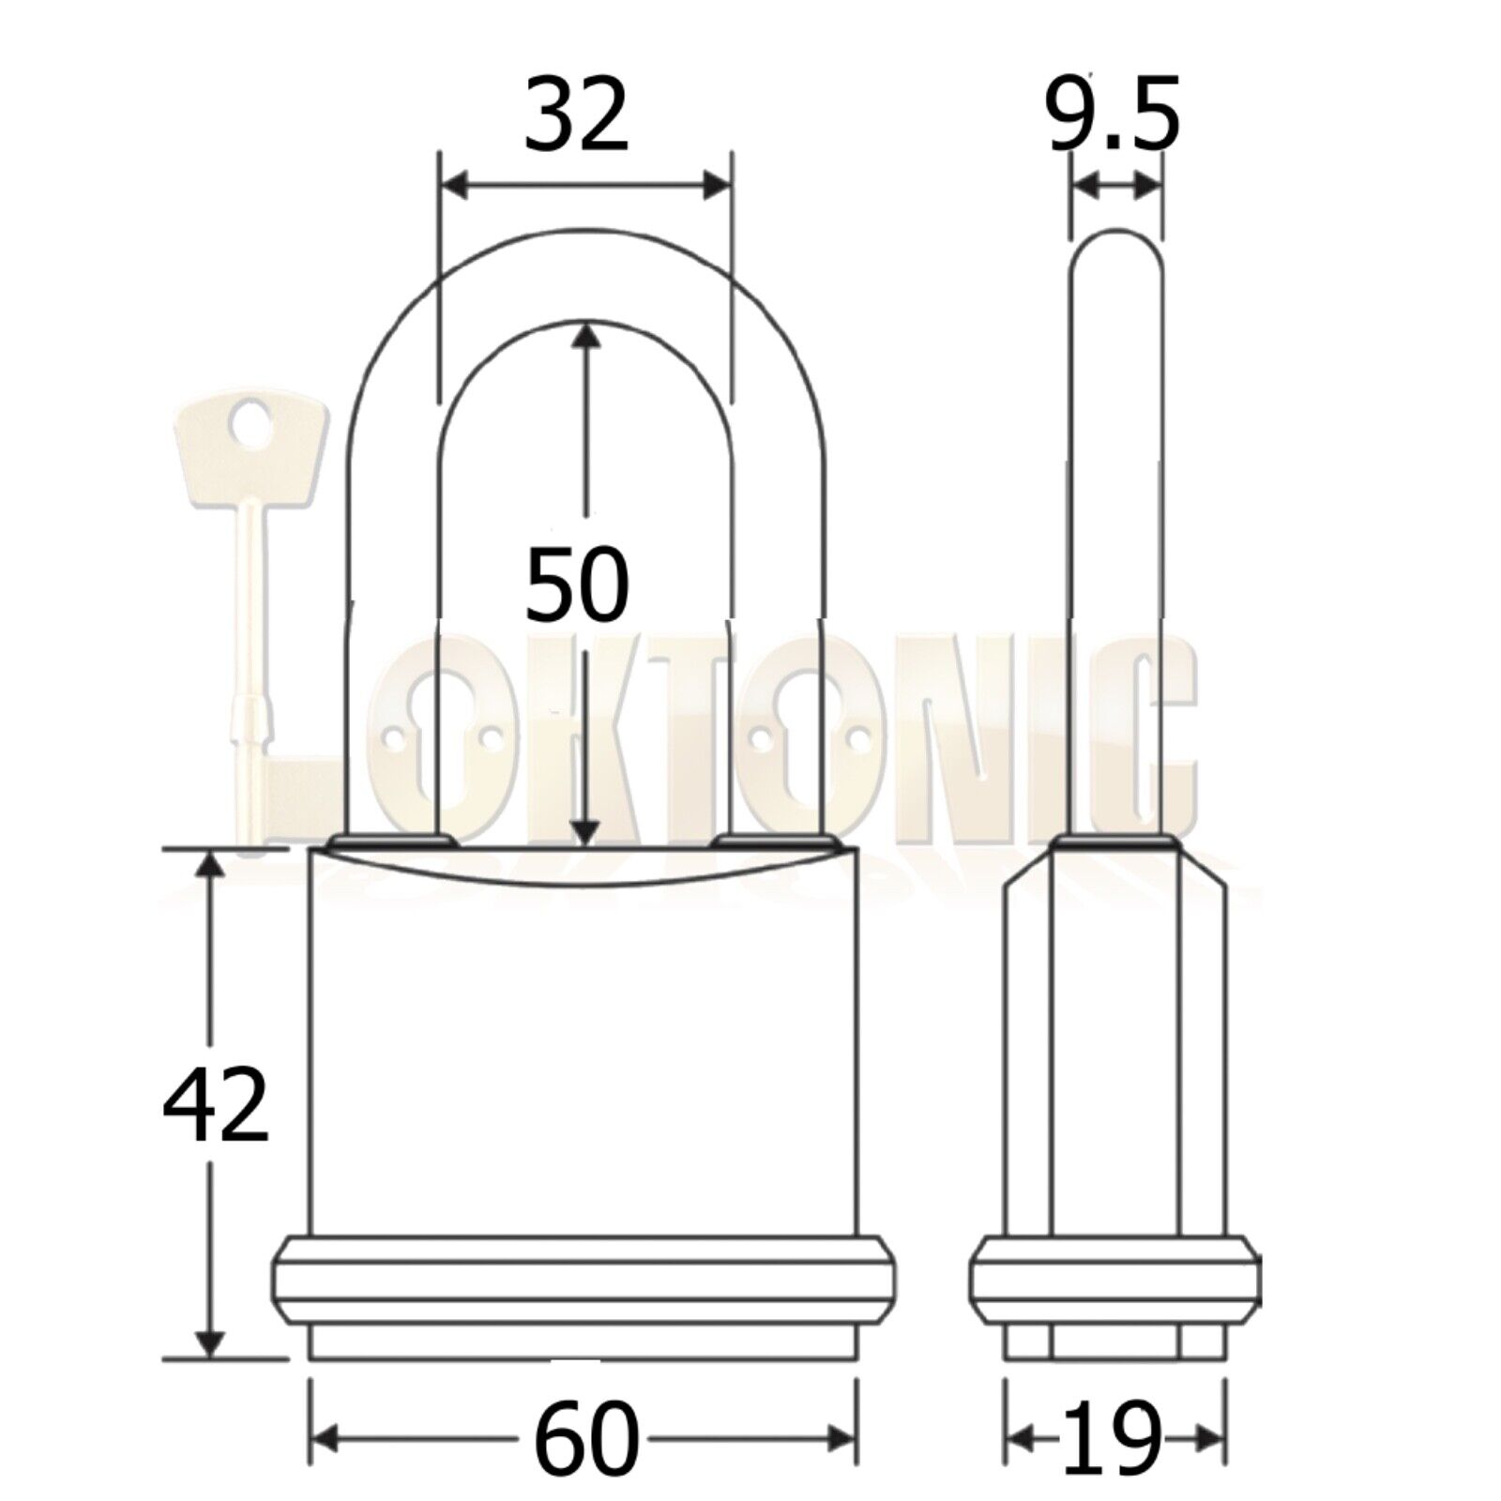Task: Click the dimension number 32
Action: click(576, 117)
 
